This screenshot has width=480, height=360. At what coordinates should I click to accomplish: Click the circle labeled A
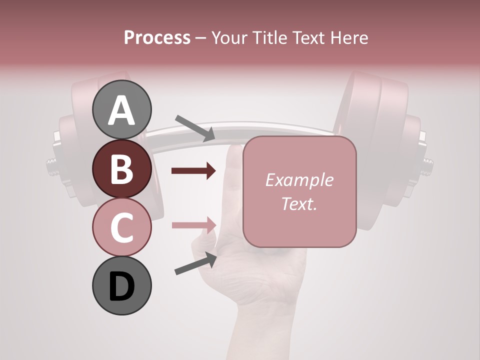[x=121, y=109]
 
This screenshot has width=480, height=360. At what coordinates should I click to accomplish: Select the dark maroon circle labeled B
[x=121, y=168]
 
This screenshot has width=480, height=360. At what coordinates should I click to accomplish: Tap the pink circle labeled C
[x=121, y=227]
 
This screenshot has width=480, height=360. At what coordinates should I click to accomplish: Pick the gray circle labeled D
[x=121, y=285]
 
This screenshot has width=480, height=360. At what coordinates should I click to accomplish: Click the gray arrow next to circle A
[x=195, y=128]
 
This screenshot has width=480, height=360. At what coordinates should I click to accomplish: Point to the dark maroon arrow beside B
[x=193, y=171]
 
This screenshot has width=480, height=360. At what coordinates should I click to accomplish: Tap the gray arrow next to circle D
[x=195, y=264]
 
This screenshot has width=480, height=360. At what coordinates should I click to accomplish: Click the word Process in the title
[x=157, y=37]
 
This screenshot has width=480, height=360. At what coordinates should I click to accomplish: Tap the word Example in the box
[x=299, y=180]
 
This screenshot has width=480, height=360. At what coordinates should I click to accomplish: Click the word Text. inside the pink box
[x=299, y=203]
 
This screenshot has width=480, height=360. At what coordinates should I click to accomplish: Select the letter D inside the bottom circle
[x=121, y=286]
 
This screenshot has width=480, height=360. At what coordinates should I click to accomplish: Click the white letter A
[x=121, y=110]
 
